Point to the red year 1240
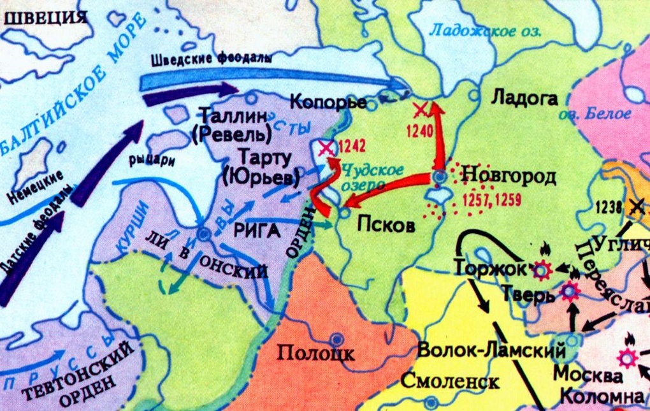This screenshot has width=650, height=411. click(x=419, y=131)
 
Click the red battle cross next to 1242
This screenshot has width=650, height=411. click(x=326, y=148)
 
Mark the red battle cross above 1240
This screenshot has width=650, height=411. click(x=420, y=110)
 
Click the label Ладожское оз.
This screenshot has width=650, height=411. click(x=484, y=30)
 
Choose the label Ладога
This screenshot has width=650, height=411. click(x=524, y=99)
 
